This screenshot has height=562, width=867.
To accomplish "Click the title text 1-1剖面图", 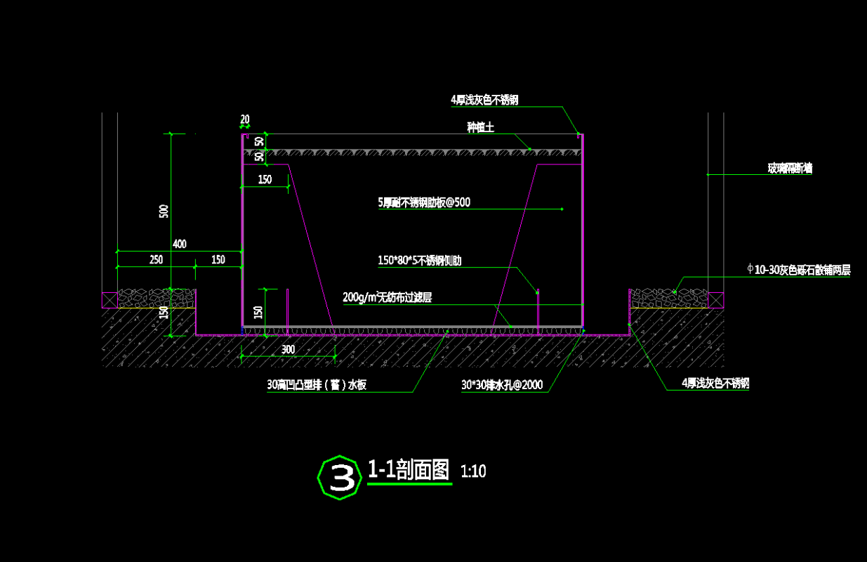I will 409,470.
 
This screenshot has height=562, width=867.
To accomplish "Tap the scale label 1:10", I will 473,471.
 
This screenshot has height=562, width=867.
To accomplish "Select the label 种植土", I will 481,127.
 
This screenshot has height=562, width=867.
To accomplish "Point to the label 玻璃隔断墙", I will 790,169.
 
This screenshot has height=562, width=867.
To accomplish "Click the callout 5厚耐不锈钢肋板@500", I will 423,203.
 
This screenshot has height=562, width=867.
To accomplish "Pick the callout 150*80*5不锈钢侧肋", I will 419,261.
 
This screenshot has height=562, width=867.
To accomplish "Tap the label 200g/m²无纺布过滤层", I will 387,297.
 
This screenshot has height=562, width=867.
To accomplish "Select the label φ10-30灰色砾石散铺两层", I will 799,270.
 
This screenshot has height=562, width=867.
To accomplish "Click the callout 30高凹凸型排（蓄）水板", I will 317,385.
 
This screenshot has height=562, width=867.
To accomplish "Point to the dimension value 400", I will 180,244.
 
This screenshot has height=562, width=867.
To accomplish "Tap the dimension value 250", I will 156,260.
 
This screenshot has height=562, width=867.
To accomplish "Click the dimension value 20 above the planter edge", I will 244,119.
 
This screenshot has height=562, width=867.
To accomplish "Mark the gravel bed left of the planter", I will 156,298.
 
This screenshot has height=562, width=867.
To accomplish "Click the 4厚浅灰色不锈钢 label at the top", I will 484,100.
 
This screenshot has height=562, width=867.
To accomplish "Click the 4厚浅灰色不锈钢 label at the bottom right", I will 715,384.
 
